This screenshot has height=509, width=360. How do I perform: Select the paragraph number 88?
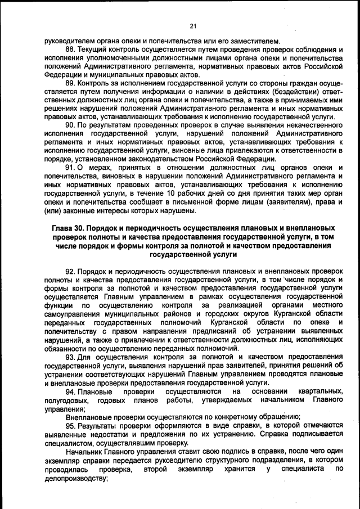71,49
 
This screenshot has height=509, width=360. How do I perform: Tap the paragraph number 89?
71,83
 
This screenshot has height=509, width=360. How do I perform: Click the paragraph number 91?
70,168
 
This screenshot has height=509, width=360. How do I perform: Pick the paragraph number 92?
71,272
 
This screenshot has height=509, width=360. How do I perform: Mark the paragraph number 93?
71,357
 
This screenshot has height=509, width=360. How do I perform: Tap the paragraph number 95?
71,426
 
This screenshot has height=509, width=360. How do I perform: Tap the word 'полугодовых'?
66,400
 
